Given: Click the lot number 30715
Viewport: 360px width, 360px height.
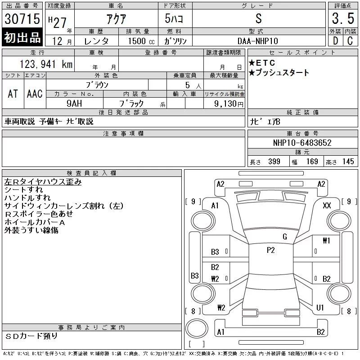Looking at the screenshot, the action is click(x=22, y=19).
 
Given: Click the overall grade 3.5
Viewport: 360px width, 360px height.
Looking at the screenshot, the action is click(x=343, y=18).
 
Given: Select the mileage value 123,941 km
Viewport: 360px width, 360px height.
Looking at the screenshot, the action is click(x=46, y=64).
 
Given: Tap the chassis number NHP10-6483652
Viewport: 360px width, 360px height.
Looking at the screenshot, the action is click(x=302, y=143).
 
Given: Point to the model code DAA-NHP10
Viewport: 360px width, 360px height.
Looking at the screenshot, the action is click(x=257, y=41).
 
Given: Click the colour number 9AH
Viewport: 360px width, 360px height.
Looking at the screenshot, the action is click(x=74, y=103).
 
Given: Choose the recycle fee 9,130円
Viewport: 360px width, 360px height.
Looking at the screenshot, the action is click(x=229, y=104).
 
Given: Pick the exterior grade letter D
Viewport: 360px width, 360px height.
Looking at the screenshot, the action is click(x=335, y=41).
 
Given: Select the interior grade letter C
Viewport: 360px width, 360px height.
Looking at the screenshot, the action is click(x=350, y=41).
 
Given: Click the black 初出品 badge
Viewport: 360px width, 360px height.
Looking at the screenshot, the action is click(x=22, y=37).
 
